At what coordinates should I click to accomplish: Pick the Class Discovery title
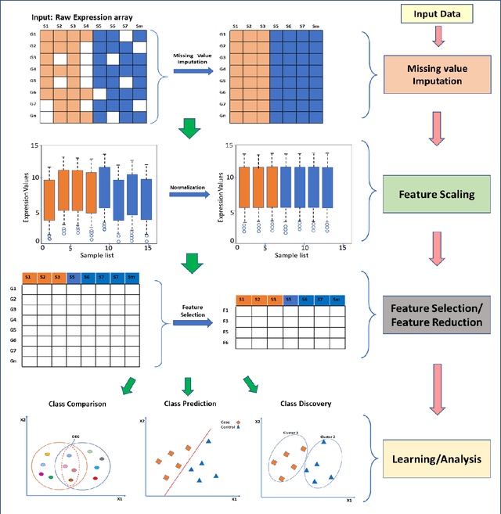click(x=305, y=404)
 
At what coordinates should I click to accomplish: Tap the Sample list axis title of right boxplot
click(x=290, y=254)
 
